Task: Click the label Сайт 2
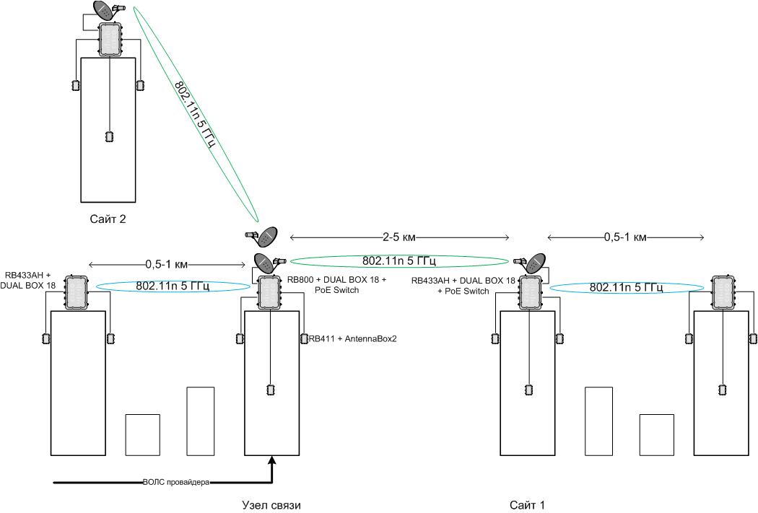[x=108, y=219]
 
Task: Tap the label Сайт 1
[x=528, y=505]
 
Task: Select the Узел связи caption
[x=271, y=505]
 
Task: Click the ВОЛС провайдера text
[x=176, y=482]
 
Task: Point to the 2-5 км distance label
[x=399, y=237]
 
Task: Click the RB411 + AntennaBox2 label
[x=352, y=338]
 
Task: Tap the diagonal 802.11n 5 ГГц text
[x=194, y=114]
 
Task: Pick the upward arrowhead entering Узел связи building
[x=272, y=460]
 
